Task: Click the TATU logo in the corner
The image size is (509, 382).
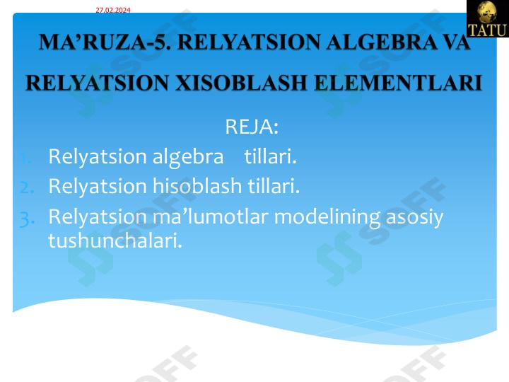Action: tap(487, 18)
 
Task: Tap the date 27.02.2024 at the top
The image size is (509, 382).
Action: tap(113, 10)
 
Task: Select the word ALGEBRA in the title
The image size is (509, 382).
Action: tap(372, 42)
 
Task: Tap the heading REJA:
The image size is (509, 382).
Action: tap(252, 127)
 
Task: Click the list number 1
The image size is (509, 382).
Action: tap(25, 157)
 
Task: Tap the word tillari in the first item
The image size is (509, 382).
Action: tap(270, 156)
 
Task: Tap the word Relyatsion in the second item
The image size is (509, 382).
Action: tap(98, 187)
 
